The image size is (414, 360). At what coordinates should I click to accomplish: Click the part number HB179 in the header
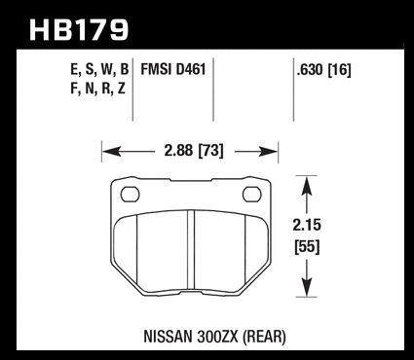(x=79, y=29)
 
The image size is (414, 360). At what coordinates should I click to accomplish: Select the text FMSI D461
(x=173, y=69)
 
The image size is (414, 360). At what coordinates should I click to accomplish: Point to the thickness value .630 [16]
(x=323, y=70)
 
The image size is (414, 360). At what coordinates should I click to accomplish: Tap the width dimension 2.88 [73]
(x=194, y=151)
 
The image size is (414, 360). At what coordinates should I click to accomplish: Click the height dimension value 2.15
(x=307, y=226)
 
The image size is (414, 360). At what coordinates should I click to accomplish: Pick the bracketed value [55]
(x=307, y=247)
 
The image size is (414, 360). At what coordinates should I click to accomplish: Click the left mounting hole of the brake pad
(x=130, y=195)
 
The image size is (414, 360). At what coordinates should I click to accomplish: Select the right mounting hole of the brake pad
(x=252, y=195)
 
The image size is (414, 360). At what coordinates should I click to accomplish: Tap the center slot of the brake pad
(x=191, y=250)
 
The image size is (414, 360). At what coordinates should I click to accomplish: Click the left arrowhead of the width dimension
(x=112, y=151)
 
